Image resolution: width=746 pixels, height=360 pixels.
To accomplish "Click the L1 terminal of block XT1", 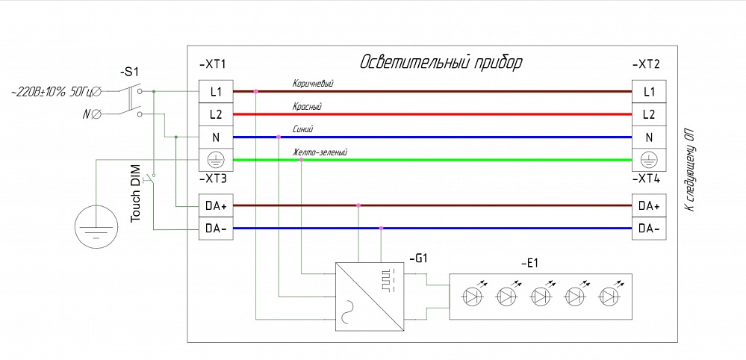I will coord(217,92).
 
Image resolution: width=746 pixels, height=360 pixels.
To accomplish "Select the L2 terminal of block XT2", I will coord(648,114).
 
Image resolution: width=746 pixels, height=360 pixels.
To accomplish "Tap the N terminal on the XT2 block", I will coord(648,137).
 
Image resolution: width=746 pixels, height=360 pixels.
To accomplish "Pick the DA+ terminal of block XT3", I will coord(217,205).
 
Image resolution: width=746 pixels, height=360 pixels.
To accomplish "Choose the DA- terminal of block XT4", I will coord(648,229).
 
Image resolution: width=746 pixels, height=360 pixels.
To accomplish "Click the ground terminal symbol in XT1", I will coord(217,160).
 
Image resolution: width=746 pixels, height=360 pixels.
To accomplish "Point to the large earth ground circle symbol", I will coord(96,226).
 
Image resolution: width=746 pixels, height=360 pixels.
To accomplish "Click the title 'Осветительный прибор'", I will coord(441,62).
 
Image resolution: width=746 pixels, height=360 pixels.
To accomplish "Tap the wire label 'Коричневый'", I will coord(312,84).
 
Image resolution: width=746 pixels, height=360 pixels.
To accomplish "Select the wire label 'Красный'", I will coord(306,106).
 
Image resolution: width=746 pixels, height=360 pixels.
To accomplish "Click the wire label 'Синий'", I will coord(302,129).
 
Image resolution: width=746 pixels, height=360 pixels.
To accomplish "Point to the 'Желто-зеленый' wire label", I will coord(320,152).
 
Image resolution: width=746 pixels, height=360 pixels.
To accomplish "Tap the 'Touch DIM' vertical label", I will coord(135,193).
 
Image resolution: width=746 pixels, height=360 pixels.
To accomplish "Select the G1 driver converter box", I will coord(368,295).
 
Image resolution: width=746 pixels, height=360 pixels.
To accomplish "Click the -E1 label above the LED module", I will coord(530,263).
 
